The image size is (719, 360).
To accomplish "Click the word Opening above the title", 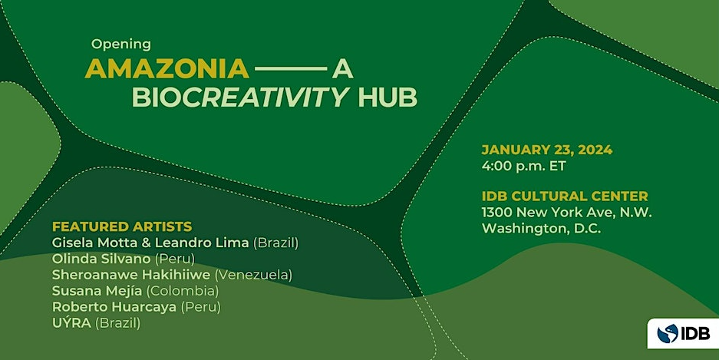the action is tap(121, 45).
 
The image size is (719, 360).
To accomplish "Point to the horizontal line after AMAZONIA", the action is tap(291, 69).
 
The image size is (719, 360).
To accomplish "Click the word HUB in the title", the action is tap(388, 97).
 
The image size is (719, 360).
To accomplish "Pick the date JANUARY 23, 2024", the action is tap(547, 150).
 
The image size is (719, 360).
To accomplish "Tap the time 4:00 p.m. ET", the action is tap(523, 166).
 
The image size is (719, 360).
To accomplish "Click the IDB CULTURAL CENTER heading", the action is tap(565, 197).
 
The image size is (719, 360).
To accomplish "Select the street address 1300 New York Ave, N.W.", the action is tap(567, 213).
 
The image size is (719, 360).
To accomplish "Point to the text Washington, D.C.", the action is tap(542, 229).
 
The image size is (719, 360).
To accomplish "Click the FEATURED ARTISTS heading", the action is tap(122, 226).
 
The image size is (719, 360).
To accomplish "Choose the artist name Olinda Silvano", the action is tap(101, 259).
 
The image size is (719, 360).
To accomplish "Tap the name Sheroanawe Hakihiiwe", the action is tap(131, 275).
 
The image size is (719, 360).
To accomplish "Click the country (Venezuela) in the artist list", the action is tap(253, 275).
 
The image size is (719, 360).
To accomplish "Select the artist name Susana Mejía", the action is tap(97, 291).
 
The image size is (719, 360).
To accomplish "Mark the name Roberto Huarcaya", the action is tap(114, 307).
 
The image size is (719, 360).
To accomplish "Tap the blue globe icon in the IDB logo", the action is tap(667, 333).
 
